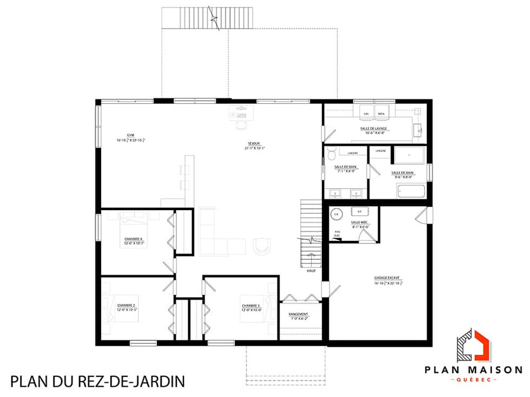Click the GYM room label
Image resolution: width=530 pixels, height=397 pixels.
coord(131,134)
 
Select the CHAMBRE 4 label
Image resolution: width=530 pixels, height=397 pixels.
coord(133,238)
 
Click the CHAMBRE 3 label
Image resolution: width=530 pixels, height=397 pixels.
coord(251,306)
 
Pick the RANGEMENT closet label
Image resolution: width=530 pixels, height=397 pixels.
coord(299,314)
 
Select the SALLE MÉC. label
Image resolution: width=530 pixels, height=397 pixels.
coord(359,223)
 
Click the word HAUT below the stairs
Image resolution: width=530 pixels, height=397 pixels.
coord(311,271)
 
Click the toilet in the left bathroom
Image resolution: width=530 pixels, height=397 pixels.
coord(333,153)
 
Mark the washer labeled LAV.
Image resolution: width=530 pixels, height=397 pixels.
coord(367,112)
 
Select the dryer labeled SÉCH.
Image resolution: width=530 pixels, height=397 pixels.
coord(381,112)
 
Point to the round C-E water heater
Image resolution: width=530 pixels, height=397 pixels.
coord(336,214)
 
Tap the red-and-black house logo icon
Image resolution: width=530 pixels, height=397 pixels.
coord(473,346)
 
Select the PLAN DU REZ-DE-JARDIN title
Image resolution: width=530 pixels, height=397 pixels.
coord(97,382)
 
